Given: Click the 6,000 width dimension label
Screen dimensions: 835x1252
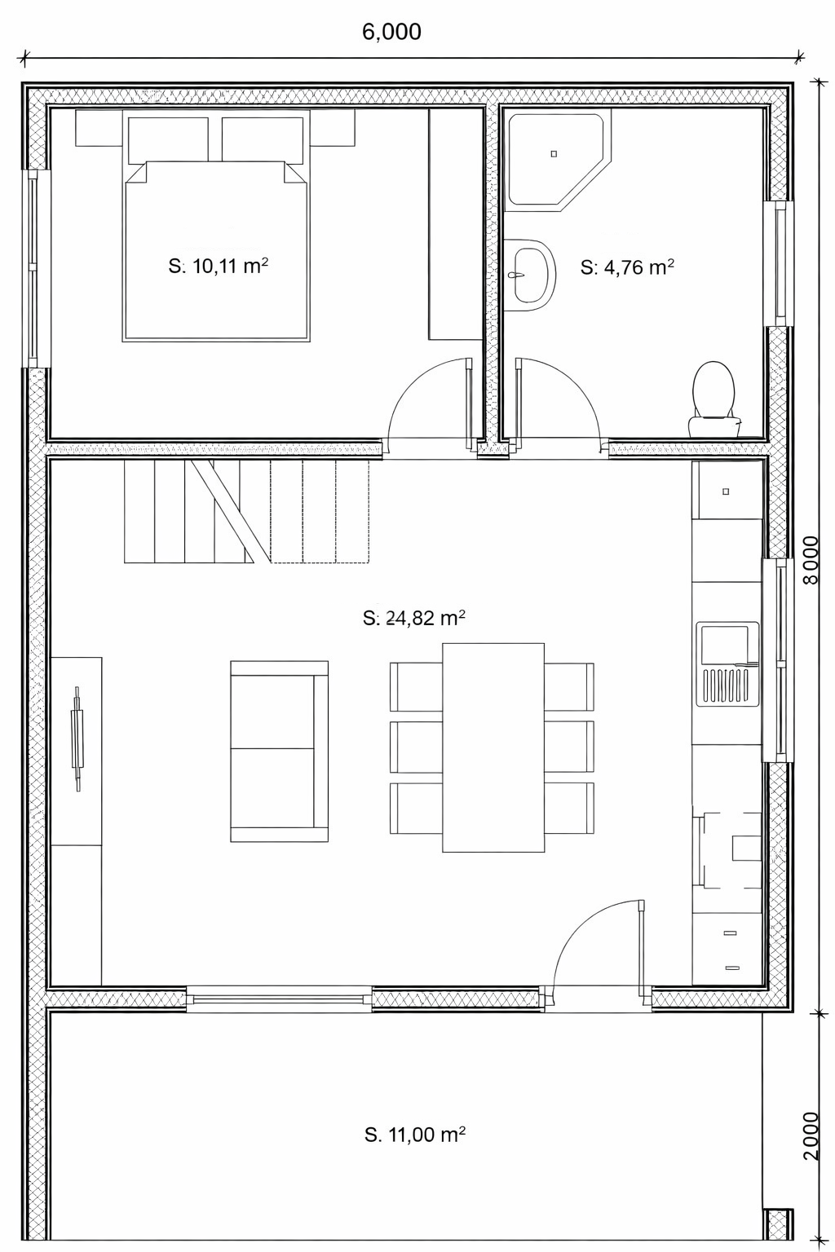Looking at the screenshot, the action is pos(391,33).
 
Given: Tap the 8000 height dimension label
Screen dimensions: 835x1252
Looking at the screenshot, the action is pos(811,561).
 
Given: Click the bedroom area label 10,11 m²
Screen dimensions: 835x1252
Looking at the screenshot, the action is pos(218,266).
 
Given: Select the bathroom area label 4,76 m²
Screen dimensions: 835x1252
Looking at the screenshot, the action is pos(626,267).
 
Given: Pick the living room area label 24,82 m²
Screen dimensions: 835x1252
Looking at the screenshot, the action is pos(414,618).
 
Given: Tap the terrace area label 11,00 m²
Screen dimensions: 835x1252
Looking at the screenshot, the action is pos(415,1135).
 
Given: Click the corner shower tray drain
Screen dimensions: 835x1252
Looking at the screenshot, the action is pos(554,154).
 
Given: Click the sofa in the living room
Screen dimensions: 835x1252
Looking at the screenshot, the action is pos(279,752).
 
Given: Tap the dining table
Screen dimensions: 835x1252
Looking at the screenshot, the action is pos(493,747).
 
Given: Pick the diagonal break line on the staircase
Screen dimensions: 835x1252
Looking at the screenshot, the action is pos(223,511).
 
